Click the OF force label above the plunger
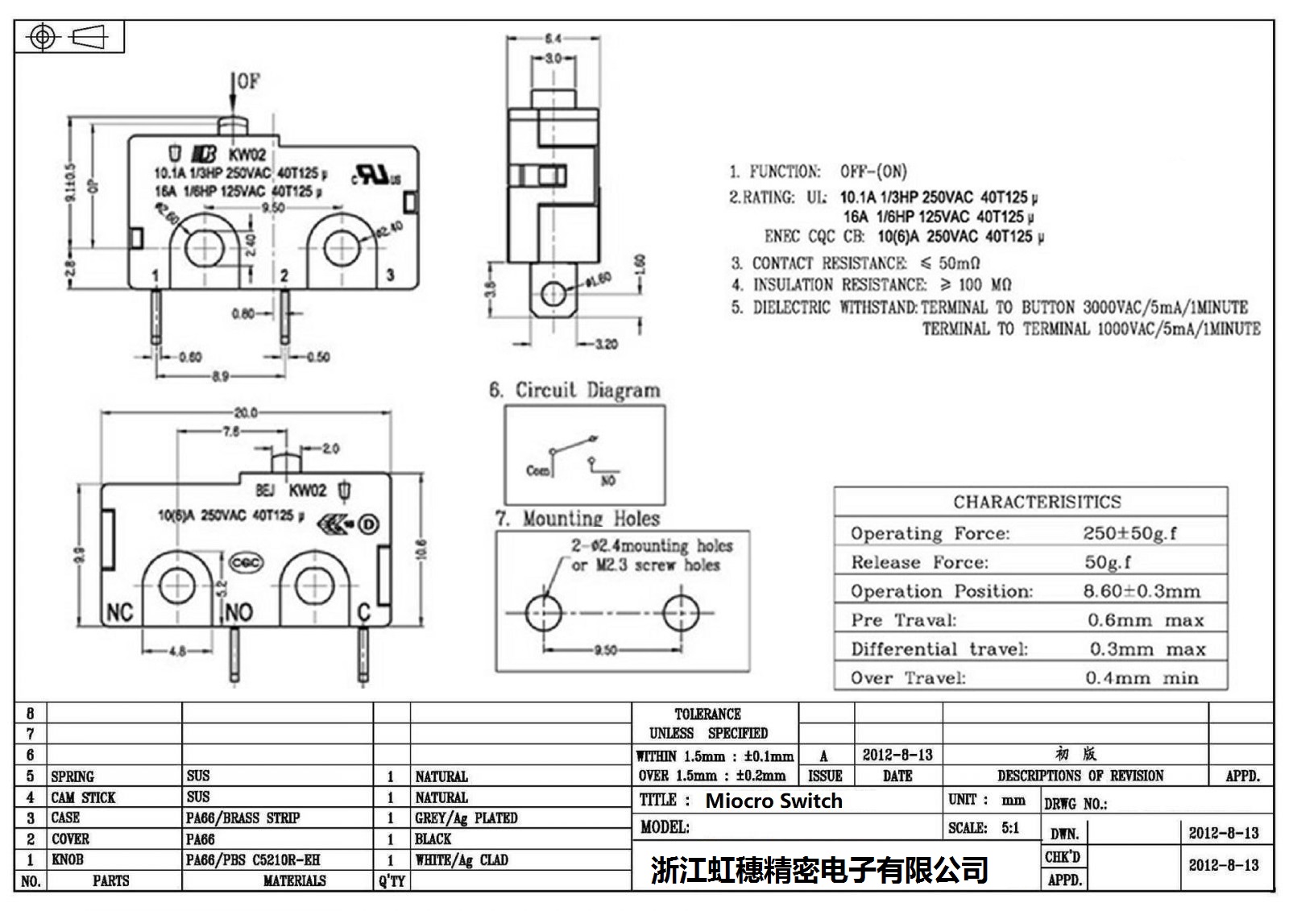pyautogui.click(x=248, y=81)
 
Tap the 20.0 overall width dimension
pyautogui.click(x=245, y=412)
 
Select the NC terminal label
pyautogui.click(x=120, y=613)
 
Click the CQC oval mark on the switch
pyautogui.click(x=246, y=563)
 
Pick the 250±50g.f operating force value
pyautogui.click(x=1129, y=533)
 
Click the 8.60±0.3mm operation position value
pyautogui.click(x=1141, y=591)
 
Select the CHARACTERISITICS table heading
pyautogui.click(x=1037, y=502)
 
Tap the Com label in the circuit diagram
pyautogui.click(x=537, y=470)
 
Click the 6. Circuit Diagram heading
pyautogui.click(x=574, y=391)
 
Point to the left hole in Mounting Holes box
pyautogui.click(x=544, y=613)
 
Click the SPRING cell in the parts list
pyautogui.click(x=73, y=776)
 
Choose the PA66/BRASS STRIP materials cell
pyautogui.click(x=242, y=818)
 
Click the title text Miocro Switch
pyautogui.click(x=773, y=801)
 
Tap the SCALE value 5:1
pyautogui.click(x=1010, y=828)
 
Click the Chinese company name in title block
pyautogui.click(x=819, y=870)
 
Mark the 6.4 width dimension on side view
pyautogui.click(x=553, y=38)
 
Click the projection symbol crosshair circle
pyautogui.click(x=44, y=37)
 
